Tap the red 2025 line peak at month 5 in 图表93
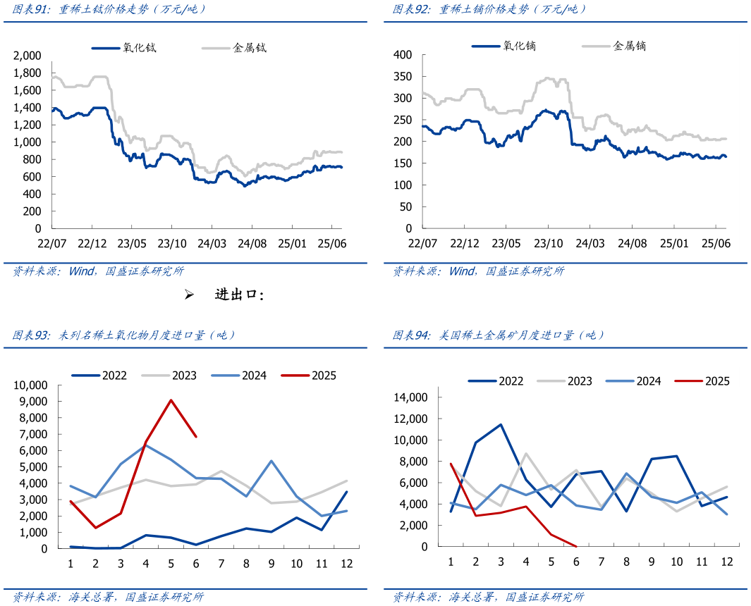pos(171,400)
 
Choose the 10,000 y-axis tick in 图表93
pos(29,385)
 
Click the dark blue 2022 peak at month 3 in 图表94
pos(501,424)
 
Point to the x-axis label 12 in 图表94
pos(726,562)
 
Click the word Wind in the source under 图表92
pos(462,271)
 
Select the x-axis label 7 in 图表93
pos(221,563)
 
